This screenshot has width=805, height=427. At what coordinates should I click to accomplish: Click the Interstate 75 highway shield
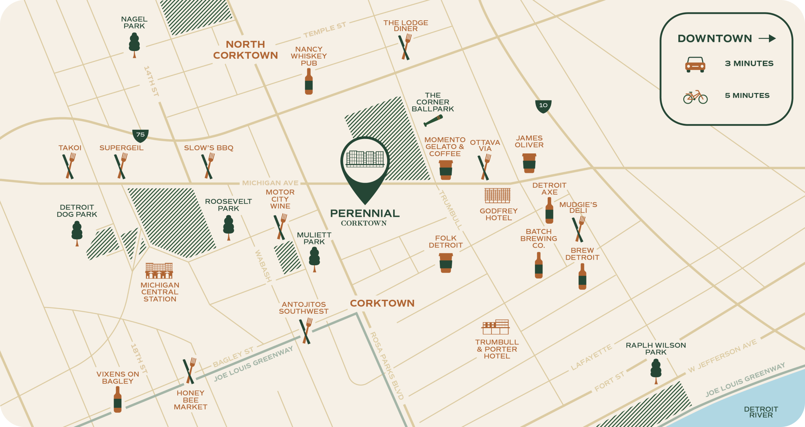[140, 135]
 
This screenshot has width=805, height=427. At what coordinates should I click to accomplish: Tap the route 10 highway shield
[543, 106]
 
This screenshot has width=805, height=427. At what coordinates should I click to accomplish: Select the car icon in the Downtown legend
[695, 65]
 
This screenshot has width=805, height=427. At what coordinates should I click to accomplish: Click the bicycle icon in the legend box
[695, 97]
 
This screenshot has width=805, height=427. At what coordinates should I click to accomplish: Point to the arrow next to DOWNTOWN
[767, 39]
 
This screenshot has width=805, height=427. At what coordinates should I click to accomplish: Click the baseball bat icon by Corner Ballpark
[433, 120]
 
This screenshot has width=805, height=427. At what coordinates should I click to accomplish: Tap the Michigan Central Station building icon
[159, 270]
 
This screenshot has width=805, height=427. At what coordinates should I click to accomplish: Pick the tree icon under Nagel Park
[134, 45]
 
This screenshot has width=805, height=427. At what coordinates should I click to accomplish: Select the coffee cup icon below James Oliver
[529, 163]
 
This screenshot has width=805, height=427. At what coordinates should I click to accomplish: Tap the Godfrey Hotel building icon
[497, 196]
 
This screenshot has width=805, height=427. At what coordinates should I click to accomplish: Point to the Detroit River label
[761, 412]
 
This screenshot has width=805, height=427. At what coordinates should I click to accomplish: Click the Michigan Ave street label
[270, 183]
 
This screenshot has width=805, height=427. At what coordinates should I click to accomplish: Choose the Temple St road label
[325, 29]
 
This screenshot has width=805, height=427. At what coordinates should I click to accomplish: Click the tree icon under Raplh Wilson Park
[656, 370]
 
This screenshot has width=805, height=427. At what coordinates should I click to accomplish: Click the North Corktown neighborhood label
[245, 50]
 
